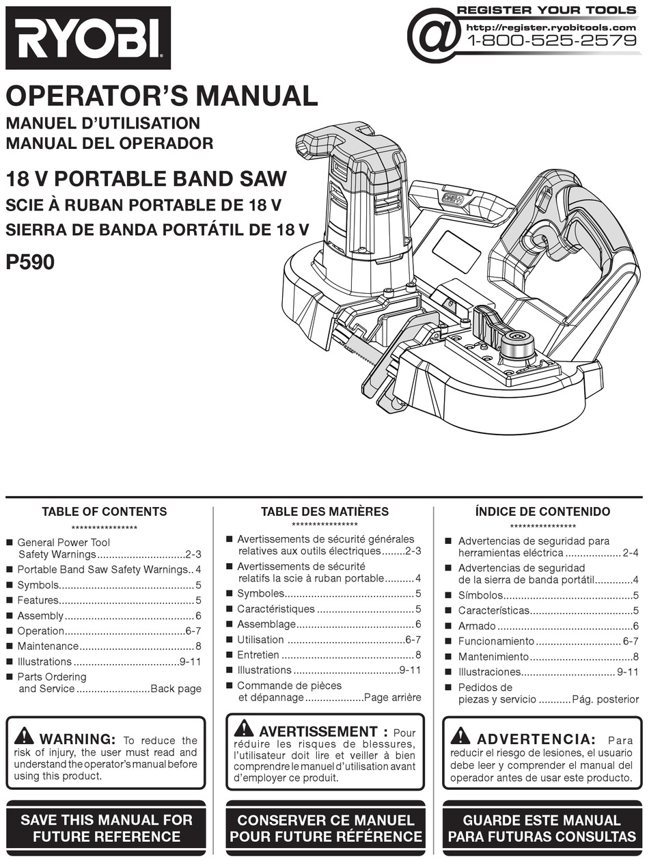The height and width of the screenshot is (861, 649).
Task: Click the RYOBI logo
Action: pyautogui.click(x=87, y=38)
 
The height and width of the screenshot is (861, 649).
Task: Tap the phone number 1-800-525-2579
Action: pyautogui.click(x=551, y=40)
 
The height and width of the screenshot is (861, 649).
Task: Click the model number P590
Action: pyautogui.click(x=30, y=262)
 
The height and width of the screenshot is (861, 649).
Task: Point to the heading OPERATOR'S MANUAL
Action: pyautogui.click(x=162, y=96)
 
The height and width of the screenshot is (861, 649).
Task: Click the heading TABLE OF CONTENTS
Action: pyautogui.click(x=104, y=511)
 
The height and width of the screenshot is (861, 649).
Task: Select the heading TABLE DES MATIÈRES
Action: pyautogui.click(x=324, y=511)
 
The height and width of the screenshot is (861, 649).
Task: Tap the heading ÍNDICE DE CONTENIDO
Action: pyautogui.click(x=542, y=511)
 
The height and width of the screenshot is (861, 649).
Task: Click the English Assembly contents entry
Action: pyautogui.click(x=40, y=616)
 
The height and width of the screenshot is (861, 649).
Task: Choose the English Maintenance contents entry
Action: pyautogui.click(x=48, y=646)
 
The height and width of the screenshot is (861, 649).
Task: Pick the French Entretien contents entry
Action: pyautogui.click(x=258, y=655)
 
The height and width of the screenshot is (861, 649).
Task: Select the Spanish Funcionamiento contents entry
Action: pyautogui.click(x=496, y=641)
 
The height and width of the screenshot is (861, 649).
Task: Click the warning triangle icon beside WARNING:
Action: pyautogui.click(x=23, y=736)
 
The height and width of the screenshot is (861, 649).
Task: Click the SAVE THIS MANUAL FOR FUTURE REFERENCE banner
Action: pyautogui.click(x=107, y=828)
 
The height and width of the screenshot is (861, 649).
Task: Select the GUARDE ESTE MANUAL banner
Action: pyautogui.click(x=542, y=828)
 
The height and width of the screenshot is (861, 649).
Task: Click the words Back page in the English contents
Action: pyautogui.click(x=176, y=689)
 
